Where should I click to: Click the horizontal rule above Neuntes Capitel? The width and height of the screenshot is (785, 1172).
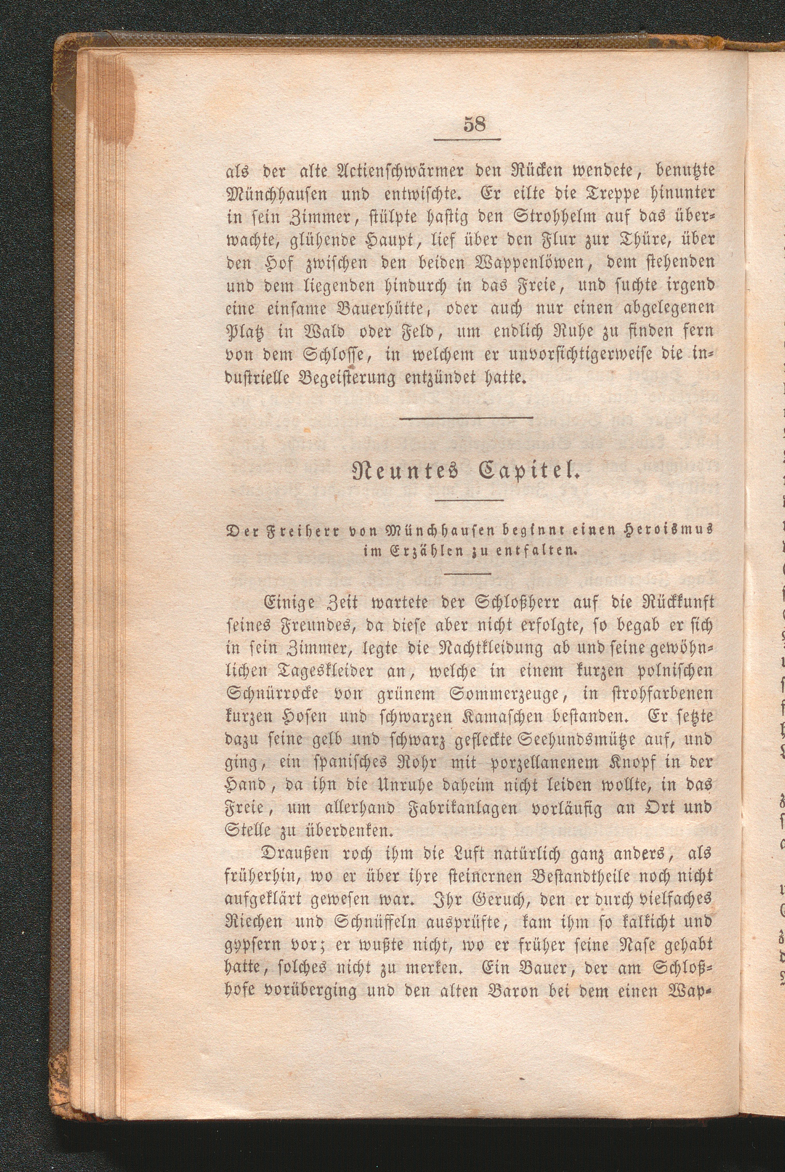coord(467,418)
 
